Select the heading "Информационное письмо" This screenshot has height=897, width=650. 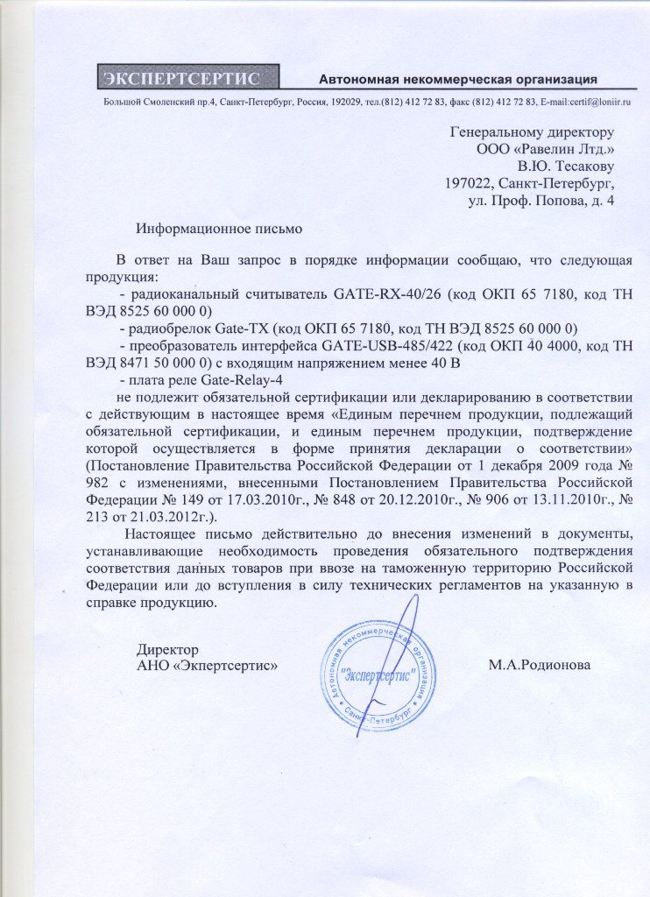(219, 230)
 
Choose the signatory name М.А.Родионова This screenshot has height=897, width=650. (540, 665)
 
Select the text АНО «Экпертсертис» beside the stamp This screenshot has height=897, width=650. (208, 665)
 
